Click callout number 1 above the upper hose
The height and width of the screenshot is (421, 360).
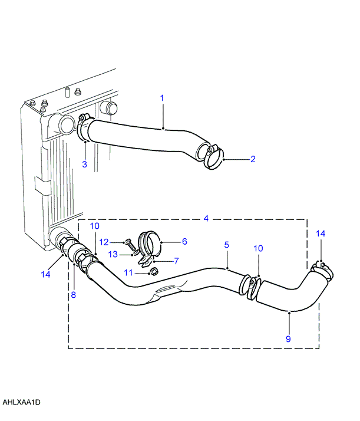point(162,98)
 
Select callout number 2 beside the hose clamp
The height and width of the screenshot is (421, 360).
point(253,159)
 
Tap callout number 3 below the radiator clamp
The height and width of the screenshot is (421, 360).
point(84,164)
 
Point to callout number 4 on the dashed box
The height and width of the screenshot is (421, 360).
point(206,218)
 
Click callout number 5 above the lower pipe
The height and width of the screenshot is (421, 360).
point(227,245)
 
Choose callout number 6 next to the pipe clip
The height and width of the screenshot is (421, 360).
point(184,241)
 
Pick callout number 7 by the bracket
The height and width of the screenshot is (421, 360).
point(176,261)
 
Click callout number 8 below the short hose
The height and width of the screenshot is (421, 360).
point(73,295)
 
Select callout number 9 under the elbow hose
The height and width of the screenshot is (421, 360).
point(288,339)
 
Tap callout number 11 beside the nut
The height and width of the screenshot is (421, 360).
point(128,273)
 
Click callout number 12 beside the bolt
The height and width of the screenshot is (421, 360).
point(104,242)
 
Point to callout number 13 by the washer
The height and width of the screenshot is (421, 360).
point(113,254)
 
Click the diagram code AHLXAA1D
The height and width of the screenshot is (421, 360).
point(21,402)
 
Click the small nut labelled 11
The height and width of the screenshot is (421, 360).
point(154,272)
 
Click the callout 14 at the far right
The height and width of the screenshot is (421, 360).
point(321,233)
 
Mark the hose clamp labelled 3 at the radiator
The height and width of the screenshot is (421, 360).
point(82,129)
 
